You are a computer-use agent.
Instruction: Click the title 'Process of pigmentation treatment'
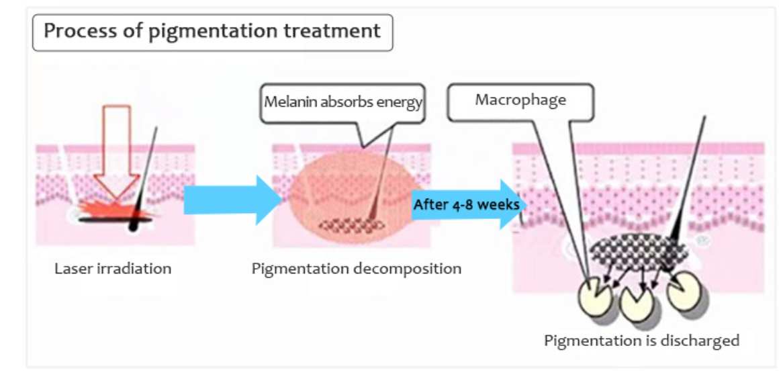tap(212, 31)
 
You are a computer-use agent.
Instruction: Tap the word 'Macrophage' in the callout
tap(520, 100)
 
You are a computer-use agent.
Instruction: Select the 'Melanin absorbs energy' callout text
tap(342, 102)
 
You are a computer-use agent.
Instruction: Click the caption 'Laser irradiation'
tap(113, 269)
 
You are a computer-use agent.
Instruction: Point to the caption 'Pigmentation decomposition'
tap(356, 269)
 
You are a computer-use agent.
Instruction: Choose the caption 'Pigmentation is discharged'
tap(641, 341)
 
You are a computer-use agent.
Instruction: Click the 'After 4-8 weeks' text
tap(466, 204)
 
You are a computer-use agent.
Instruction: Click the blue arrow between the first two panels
tap(232, 200)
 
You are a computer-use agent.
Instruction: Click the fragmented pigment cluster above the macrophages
tap(638, 253)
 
